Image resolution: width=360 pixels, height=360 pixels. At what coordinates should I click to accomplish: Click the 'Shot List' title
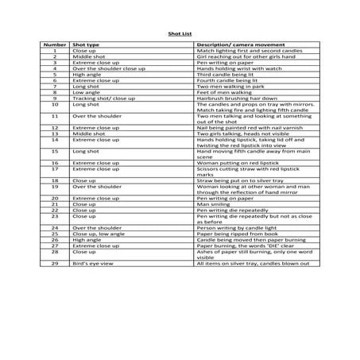(x=180, y=35)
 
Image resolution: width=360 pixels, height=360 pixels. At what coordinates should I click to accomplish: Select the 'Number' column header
(x=55, y=45)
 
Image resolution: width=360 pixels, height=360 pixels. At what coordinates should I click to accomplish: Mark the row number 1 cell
(x=55, y=51)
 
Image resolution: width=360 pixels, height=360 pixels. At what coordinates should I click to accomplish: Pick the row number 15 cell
(x=55, y=152)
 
